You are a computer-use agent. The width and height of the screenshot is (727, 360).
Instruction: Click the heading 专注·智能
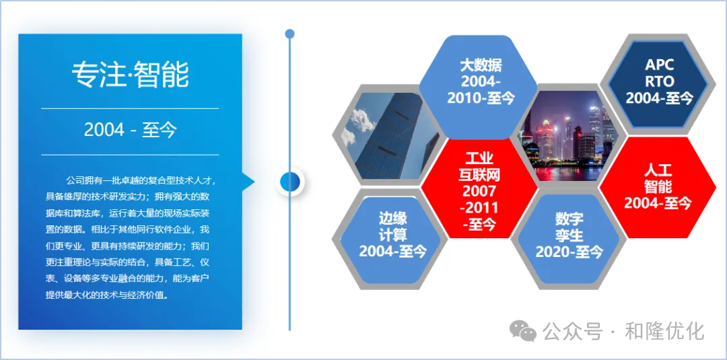tap(130, 74)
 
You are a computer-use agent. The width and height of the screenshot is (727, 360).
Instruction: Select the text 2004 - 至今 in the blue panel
tap(130, 130)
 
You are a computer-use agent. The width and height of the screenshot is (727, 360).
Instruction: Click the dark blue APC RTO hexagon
tap(658, 82)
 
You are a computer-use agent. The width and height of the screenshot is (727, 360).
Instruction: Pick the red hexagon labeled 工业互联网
tap(479, 190)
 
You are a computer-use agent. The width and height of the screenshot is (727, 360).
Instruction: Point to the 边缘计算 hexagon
tap(390, 240)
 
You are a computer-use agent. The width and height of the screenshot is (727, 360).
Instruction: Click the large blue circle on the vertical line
tap(290, 180)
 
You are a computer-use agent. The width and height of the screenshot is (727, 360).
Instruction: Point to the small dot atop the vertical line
tap(289, 34)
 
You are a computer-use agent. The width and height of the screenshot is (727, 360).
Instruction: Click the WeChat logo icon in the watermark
tap(523, 331)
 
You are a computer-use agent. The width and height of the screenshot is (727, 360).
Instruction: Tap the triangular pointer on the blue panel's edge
tap(248, 182)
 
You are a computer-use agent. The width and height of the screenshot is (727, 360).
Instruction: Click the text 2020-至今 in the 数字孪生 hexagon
tap(569, 252)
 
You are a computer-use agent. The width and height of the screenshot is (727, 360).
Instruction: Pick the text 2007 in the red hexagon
tap(479, 190)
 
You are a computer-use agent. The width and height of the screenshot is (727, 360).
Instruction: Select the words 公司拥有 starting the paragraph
tap(81, 180)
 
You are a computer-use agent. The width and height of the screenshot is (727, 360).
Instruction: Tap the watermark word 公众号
tap(572, 331)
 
